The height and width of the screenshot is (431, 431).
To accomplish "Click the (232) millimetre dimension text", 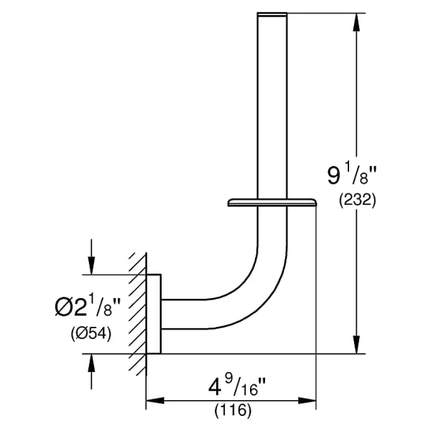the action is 357,200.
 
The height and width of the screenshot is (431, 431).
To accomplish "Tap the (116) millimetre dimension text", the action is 233,411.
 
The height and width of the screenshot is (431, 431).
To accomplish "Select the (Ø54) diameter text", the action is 91,334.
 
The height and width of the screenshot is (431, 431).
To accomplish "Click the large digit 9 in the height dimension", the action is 334,175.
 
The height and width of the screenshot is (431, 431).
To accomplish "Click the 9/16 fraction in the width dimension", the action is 243,386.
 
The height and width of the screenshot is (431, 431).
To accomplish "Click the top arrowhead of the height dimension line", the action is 357,22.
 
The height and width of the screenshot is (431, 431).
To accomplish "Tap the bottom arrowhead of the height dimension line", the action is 357,344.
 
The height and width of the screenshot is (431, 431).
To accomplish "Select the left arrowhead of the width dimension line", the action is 155,400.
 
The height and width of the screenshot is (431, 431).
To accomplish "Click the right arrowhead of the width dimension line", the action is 307,400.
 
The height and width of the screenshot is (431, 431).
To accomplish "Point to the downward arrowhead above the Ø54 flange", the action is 91,265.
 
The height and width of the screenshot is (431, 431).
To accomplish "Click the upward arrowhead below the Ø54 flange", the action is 91,363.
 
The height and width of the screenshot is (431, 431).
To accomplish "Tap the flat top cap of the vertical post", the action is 272,14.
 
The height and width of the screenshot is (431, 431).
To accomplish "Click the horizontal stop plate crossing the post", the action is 272,202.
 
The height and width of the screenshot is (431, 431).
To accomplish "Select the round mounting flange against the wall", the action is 154,314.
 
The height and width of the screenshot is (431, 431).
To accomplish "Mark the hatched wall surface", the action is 138,314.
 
